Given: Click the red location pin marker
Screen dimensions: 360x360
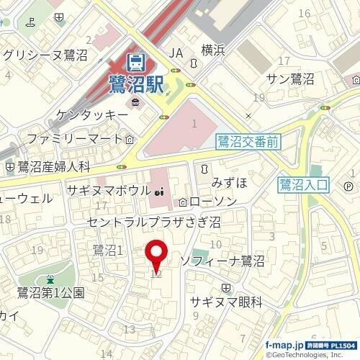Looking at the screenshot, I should (157, 255).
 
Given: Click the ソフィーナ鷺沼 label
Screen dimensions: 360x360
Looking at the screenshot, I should (223, 258).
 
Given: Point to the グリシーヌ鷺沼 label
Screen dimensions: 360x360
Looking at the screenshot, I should (45, 54).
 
